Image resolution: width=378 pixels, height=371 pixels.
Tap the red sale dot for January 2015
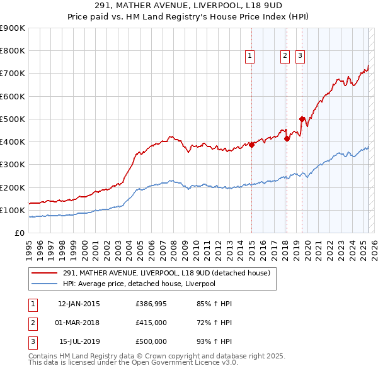251,145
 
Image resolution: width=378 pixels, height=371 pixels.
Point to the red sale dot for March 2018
287,138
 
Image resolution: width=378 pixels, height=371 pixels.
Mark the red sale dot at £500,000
302,119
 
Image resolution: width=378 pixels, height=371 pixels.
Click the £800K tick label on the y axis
13,50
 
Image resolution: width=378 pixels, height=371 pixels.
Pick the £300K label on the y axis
13,165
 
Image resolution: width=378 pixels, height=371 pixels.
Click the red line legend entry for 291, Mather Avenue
166,273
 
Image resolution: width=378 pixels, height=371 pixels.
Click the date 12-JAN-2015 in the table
79,304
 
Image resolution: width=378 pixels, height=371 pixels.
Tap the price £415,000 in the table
151,323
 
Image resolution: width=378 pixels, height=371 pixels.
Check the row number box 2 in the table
32,323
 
